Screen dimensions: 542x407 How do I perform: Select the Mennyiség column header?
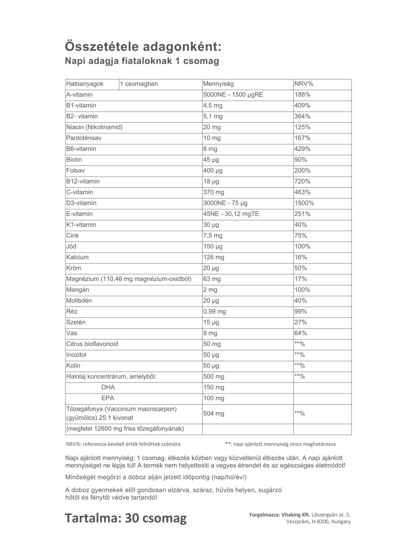pos(218,84)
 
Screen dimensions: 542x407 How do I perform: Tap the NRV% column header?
pos(304,84)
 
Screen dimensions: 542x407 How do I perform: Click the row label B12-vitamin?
pos(83,181)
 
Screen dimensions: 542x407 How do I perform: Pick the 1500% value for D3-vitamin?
pos(304,203)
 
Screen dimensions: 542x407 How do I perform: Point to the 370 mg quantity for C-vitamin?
pos(213,192)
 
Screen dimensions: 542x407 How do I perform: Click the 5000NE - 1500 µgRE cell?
pos(233,95)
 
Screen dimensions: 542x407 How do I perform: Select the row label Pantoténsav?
pos(84,138)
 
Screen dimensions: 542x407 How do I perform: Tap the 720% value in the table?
pos(302,181)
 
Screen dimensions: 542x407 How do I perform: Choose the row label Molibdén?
pos(79,301)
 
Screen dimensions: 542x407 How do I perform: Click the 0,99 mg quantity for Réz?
pos(215,311)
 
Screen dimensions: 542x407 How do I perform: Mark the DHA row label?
pos(108,387)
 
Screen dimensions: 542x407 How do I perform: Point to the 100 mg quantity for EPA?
pos(213,398)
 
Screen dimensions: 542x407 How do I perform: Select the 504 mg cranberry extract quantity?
pos(213,413)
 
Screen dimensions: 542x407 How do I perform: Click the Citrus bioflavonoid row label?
pos(92,344)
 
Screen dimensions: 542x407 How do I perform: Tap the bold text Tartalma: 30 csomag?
pos(126,518)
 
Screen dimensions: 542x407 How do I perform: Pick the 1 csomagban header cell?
pos(139,84)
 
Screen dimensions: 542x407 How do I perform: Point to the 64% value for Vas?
pos(301,333)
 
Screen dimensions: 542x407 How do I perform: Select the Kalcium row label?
pos(78,257)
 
